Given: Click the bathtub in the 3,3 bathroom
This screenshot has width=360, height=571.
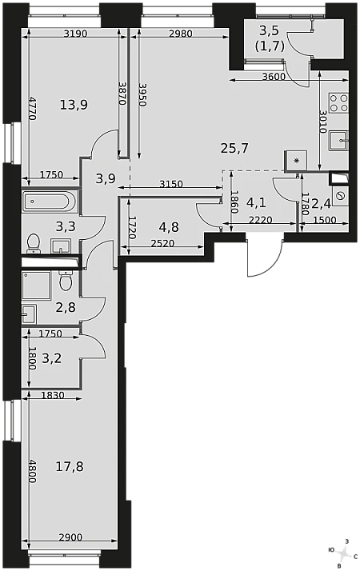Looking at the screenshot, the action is point(50,202).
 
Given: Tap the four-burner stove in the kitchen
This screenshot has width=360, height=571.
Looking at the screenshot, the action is point(339,102).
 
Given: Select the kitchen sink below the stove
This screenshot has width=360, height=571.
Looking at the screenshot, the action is point(339,141).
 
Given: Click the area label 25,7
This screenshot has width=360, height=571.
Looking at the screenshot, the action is point(234,148).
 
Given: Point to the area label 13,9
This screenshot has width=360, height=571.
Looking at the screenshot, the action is point(74,106).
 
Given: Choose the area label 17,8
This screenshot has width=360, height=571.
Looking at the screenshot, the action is point(70,466).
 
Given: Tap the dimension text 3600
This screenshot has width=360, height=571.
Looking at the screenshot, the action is point(274,77).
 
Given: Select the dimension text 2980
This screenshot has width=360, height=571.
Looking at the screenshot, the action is point(180,34).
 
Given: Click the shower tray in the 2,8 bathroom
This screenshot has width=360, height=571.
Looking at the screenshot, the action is point(36,285).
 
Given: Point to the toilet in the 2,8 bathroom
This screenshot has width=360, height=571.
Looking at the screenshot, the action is point(66,281).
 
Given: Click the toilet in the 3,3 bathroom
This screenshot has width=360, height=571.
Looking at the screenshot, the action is point(34,243).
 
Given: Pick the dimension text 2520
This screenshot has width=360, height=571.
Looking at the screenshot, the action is point(162,243).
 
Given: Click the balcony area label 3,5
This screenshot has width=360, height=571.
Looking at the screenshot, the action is point(269,31).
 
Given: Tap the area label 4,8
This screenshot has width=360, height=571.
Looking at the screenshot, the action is point(169,227).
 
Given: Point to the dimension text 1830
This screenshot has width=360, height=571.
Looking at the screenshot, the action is point(53,395).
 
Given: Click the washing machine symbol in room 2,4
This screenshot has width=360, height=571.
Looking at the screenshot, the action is point(341,196).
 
